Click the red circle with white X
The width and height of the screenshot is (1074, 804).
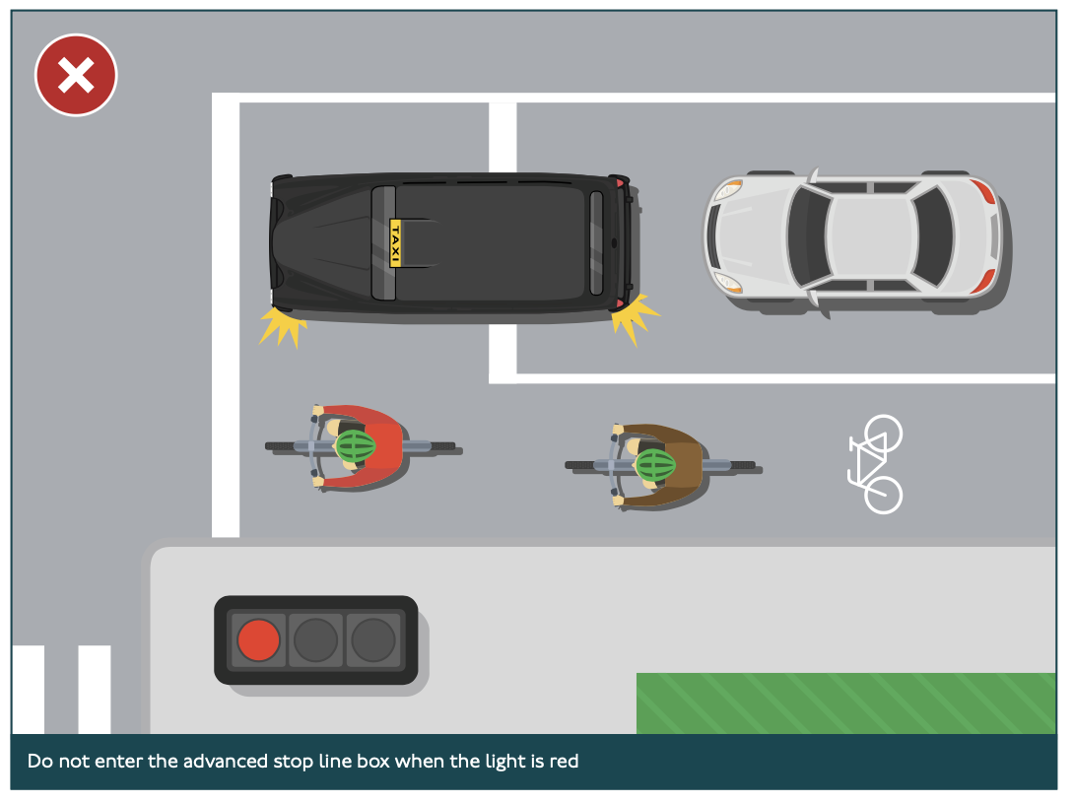coord(76,75)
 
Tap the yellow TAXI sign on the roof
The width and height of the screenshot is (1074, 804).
coord(395,242)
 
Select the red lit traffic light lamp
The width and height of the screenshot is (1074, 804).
coord(258,639)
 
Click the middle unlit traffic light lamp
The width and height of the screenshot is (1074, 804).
coord(315,639)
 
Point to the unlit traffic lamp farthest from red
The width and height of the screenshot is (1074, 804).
coord(373,639)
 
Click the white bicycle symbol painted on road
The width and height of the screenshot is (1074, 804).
coord(875,464)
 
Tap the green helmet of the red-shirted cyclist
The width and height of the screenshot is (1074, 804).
coord(356,446)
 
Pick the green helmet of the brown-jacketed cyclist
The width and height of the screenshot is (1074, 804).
coord(655,466)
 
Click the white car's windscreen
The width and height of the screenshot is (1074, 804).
coord(808,236)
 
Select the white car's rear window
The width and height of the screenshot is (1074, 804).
coord(933,236)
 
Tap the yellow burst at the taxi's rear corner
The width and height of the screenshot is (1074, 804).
coord(635,318)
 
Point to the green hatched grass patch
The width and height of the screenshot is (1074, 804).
coord(846,703)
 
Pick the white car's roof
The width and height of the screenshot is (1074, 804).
coord(870,236)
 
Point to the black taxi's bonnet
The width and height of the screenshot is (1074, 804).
coord(322,242)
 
